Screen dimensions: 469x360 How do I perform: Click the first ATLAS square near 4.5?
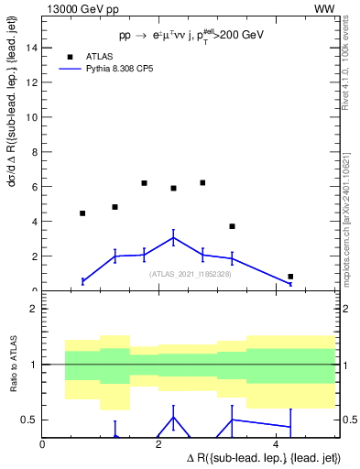82,213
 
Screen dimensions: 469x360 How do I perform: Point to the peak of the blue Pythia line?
173,238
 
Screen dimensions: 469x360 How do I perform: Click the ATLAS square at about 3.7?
232,226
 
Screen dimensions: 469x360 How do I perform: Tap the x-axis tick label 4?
276,443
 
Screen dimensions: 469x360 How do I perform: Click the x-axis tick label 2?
159,443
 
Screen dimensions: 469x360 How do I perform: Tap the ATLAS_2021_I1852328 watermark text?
190,273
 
